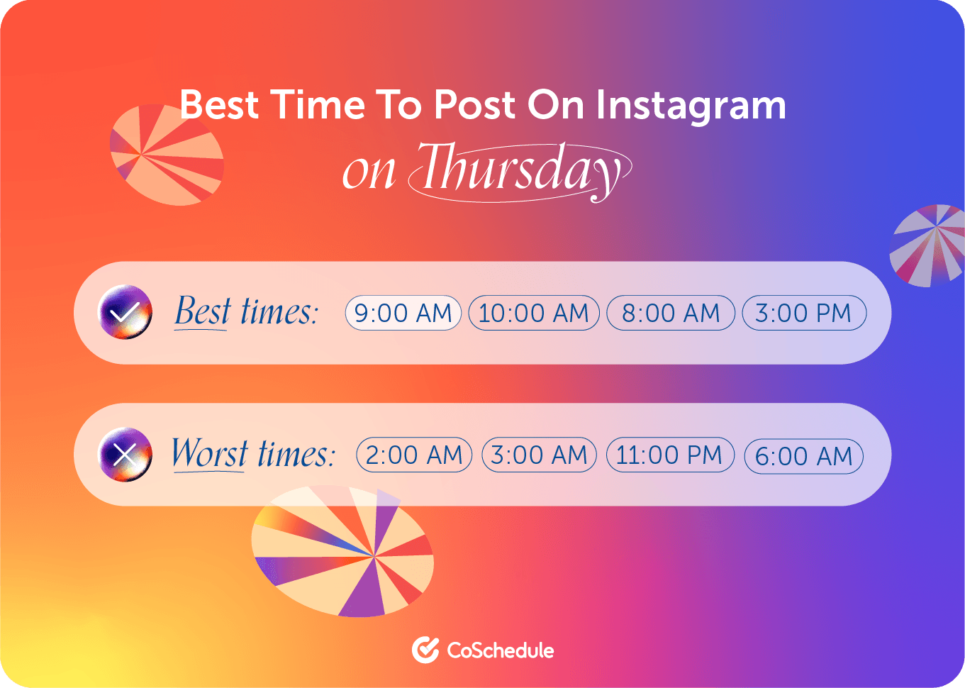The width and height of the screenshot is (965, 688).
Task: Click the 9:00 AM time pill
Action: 403,313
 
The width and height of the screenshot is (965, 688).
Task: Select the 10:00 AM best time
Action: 533,313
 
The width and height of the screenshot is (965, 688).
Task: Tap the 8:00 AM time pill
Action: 670,313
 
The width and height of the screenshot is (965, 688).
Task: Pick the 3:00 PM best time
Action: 803,313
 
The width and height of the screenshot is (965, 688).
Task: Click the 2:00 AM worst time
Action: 414,455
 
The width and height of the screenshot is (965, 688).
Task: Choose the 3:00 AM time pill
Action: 539,455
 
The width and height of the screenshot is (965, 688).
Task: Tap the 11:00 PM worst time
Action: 670,455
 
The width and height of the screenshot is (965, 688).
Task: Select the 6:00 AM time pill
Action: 803,456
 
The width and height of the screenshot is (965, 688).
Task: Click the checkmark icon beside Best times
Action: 125,311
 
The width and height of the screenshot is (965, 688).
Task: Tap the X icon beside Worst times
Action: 125,454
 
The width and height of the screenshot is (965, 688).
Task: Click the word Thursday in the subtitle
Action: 520,172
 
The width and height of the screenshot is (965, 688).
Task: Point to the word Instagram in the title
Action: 691,105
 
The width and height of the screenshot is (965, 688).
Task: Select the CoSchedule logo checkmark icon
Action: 425,650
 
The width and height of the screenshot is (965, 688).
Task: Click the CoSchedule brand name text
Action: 500,650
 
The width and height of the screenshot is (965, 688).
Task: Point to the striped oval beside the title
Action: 167,155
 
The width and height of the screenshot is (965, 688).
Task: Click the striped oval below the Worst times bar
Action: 342,551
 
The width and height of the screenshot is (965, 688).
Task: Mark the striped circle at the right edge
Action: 927,245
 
